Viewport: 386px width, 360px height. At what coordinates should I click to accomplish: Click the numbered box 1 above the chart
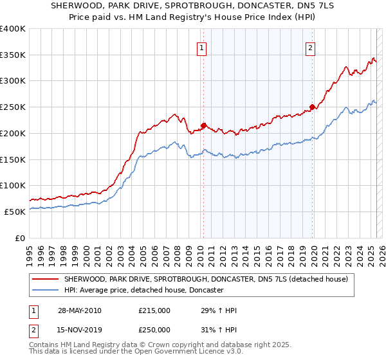click(x=202, y=48)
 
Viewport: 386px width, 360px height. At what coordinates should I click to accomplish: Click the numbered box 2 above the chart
click(x=310, y=48)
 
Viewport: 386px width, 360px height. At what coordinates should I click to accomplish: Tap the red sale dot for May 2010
click(x=203, y=125)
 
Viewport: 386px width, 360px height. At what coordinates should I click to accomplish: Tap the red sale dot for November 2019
click(x=312, y=107)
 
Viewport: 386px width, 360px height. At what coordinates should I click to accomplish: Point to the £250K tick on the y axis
click(x=14, y=107)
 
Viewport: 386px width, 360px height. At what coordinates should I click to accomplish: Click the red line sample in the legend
click(x=46, y=280)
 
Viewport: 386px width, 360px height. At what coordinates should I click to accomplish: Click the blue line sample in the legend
click(x=46, y=291)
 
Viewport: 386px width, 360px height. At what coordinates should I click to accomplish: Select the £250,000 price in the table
click(x=154, y=330)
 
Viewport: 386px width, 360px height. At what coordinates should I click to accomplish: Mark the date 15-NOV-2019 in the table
click(x=78, y=330)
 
